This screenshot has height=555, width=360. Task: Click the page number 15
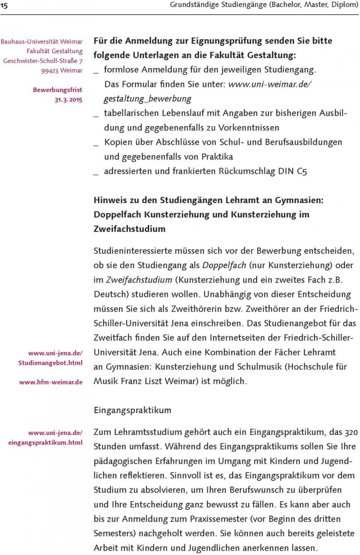(x=4, y=6)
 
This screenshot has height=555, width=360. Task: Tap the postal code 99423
(x=50, y=71)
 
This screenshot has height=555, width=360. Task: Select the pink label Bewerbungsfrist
(x=58, y=90)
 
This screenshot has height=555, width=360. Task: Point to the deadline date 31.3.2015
(x=69, y=100)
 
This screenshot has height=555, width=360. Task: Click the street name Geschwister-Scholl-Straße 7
(x=43, y=61)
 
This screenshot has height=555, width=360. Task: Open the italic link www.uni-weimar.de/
(x=270, y=84)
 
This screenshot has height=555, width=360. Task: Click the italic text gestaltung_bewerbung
(x=148, y=99)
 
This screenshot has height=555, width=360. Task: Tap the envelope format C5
(x=302, y=171)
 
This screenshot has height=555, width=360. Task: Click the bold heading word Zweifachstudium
(x=129, y=229)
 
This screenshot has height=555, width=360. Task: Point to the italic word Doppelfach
(x=224, y=265)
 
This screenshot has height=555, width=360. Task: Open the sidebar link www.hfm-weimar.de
(x=51, y=382)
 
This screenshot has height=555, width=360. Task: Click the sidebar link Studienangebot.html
(x=51, y=363)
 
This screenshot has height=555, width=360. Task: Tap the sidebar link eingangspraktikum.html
(x=45, y=443)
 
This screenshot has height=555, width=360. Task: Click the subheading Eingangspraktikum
(x=133, y=410)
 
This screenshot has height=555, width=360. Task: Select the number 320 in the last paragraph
(x=351, y=432)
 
